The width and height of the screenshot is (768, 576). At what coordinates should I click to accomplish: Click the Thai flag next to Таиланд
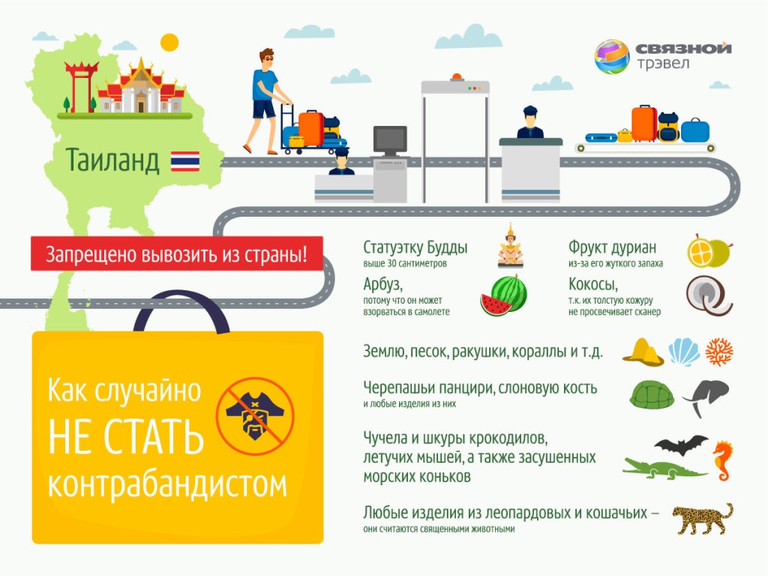[185, 161]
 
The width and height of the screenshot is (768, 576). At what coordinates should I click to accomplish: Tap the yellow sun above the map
[169, 43]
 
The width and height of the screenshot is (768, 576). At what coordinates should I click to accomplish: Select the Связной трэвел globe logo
[612, 56]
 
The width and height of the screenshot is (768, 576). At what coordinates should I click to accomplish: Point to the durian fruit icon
[709, 250]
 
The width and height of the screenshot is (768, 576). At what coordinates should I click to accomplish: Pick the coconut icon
[709, 295]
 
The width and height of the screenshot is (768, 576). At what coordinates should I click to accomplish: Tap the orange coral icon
[719, 352]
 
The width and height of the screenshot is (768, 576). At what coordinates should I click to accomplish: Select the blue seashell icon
[684, 352]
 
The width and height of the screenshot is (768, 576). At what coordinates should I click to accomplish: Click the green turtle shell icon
[652, 394]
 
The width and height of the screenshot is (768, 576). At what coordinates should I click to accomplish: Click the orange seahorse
[723, 461]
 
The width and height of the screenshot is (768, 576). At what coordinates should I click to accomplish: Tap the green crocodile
[664, 469]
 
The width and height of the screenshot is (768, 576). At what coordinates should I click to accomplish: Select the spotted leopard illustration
[702, 518]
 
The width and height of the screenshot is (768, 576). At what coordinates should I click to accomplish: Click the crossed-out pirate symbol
[255, 415]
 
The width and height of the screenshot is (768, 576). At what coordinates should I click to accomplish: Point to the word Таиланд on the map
[112, 160]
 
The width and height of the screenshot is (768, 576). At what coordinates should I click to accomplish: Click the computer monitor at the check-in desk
[390, 141]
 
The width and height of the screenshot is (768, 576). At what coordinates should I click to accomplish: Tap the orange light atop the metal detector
[457, 77]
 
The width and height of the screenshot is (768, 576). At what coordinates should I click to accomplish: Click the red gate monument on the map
[80, 86]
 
